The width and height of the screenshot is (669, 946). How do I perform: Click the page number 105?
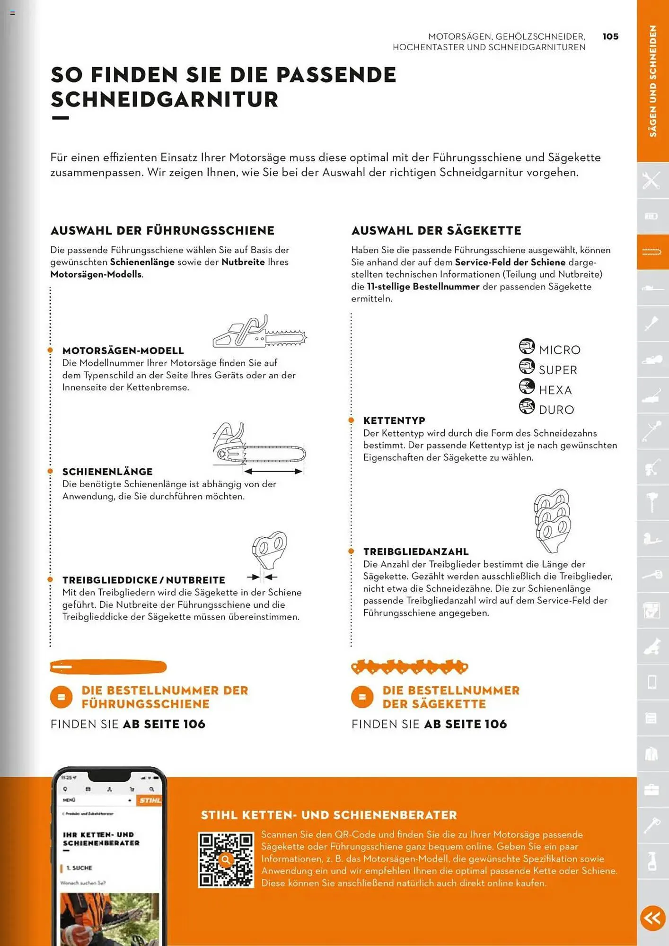pyautogui.click(x=610, y=36)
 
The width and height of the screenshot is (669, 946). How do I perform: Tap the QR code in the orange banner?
pyautogui.click(x=226, y=859)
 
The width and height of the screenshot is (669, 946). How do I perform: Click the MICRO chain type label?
pyautogui.click(x=559, y=350)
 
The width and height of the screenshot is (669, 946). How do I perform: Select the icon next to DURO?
pyautogui.click(x=527, y=406)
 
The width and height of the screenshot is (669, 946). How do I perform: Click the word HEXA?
pyautogui.click(x=555, y=390)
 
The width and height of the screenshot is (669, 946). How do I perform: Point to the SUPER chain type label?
pyautogui.click(x=558, y=370)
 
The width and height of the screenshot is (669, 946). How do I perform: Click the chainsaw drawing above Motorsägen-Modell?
pyautogui.click(x=259, y=332)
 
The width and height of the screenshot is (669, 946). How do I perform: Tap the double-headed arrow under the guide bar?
pyautogui.click(x=273, y=472)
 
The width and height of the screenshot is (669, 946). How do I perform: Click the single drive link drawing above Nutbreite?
pyautogui.click(x=269, y=550)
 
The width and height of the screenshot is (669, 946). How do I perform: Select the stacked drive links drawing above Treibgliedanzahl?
pyautogui.click(x=552, y=520)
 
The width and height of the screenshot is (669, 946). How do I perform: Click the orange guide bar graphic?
pyautogui.click(x=108, y=667)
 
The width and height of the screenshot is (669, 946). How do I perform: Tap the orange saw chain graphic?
pyautogui.click(x=409, y=667)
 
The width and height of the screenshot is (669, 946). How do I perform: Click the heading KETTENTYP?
pyautogui.click(x=394, y=420)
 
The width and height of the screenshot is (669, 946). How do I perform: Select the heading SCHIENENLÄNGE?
pyautogui.click(x=107, y=472)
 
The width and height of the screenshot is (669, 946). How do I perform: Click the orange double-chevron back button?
pyautogui.click(x=652, y=918)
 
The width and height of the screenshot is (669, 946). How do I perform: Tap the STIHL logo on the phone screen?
pyautogui.click(x=150, y=800)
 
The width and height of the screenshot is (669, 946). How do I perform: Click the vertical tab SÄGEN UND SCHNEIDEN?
pyautogui.click(x=652, y=81)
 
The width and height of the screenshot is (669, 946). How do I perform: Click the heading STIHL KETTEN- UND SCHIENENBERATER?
pyautogui.click(x=329, y=815)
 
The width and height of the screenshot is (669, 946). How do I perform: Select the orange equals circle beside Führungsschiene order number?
pyautogui.click(x=61, y=697)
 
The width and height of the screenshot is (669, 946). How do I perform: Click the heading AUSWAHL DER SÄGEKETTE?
pyautogui.click(x=436, y=230)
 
